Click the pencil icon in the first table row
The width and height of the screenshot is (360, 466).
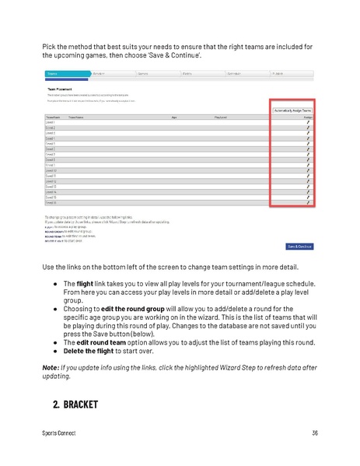(x=308, y=123)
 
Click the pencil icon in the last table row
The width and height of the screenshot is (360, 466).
(x=308, y=204)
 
